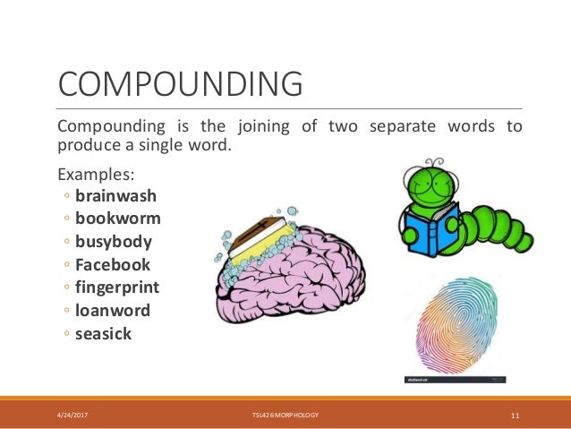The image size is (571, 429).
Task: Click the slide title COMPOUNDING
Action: point(180,86)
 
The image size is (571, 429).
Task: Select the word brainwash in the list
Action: point(114,195)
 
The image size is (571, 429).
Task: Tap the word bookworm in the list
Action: point(118,219)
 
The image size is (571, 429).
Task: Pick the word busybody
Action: point(114,242)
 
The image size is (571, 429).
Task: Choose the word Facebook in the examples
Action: point(113,265)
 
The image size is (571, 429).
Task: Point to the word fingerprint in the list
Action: point(117,288)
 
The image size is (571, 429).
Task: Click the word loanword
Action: point(113,311)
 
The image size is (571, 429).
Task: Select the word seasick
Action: point(103,334)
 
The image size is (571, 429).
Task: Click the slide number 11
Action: point(516,416)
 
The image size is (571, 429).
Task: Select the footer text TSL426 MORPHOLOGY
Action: point(285,416)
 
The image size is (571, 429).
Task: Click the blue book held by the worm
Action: point(427,230)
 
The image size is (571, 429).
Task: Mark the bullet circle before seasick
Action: point(68,335)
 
